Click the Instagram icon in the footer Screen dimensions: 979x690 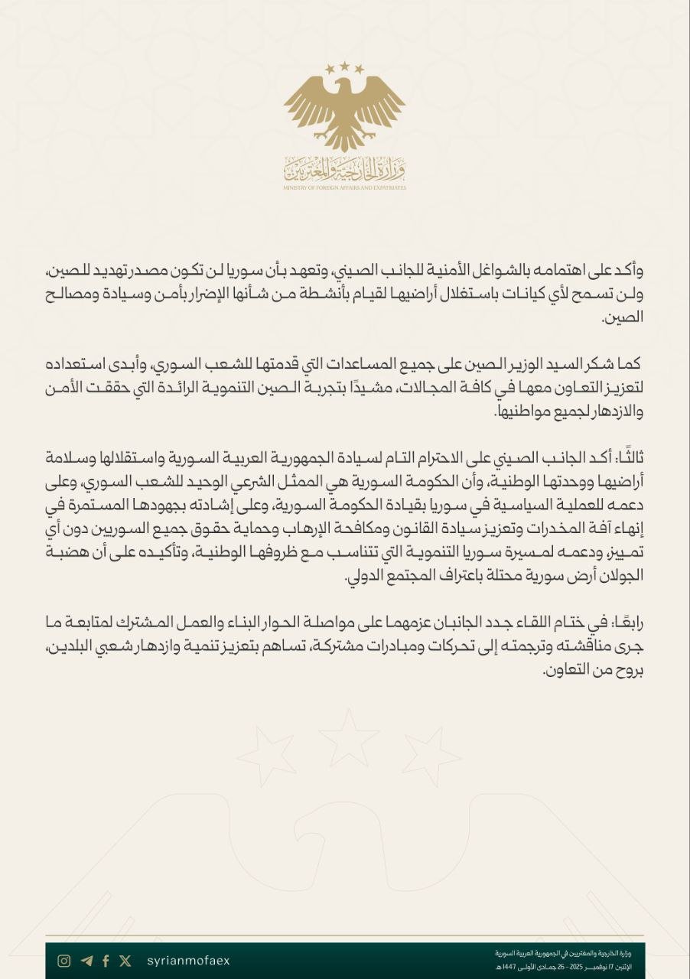[65, 961]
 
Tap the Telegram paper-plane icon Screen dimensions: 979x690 [86, 961]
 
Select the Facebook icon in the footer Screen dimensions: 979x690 [106, 961]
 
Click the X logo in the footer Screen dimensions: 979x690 [125, 961]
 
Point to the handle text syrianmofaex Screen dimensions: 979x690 [187, 961]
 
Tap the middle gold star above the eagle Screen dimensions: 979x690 [344, 67]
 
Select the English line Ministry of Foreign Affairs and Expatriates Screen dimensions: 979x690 [344, 187]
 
